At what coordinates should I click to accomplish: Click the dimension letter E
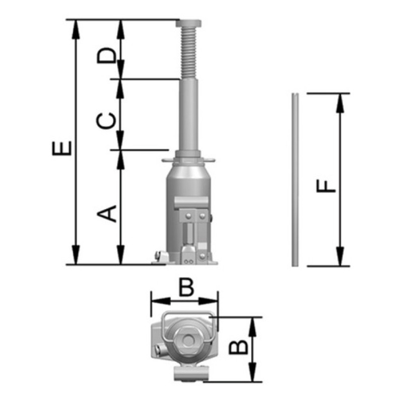[61, 148]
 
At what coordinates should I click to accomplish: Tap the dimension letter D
[107, 55]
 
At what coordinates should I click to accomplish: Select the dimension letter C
[106, 121]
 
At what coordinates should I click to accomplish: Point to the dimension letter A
[107, 213]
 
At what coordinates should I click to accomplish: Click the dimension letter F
[326, 186]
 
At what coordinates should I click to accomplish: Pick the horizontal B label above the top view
[186, 287]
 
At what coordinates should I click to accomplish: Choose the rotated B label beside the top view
[238, 347]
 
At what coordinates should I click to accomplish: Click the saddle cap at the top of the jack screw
[188, 24]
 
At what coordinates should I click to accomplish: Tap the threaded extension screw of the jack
[189, 53]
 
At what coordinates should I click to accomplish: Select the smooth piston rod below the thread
[188, 115]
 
